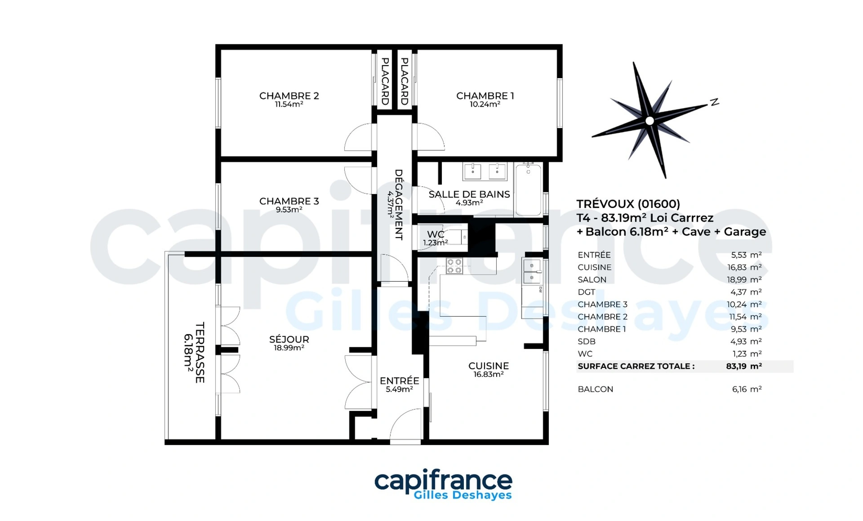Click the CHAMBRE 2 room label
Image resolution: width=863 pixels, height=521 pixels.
pyautogui.click(x=289, y=96)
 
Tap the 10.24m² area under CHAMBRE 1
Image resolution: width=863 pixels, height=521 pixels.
pyautogui.click(x=485, y=104)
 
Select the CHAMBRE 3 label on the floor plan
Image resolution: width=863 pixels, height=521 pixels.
pyautogui.click(x=289, y=201)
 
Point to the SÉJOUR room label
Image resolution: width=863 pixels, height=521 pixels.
pyautogui.click(x=289, y=339)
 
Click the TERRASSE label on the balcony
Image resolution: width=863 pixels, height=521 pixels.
pyautogui.click(x=200, y=353)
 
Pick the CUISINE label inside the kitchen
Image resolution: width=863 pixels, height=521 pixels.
pyautogui.click(x=489, y=366)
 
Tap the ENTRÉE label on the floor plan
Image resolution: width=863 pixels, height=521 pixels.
pyautogui.click(x=399, y=380)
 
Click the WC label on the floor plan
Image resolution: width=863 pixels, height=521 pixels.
pyautogui.click(x=436, y=234)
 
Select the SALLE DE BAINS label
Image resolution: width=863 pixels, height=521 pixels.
pyautogui.click(x=469, y=194)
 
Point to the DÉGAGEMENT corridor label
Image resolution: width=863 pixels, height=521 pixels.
pyautogui.click(x=399, y=204)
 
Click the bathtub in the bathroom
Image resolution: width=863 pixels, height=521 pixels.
pyautogui.click(x=528, y=190)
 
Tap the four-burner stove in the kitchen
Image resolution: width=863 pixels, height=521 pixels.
pyautogui.click(x=454, y=266)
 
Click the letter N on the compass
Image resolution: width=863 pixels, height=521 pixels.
pyautogui.click(x=714, y=102)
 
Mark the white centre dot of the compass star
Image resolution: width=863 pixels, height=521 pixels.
pyautogui.click(x=649, y=120)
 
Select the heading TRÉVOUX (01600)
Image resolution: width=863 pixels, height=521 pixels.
pyautogui.click(x=628, y=204)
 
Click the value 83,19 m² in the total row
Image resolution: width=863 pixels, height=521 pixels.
pyautogui.click(x=744, y=366)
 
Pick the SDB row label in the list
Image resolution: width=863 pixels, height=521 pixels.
pyautogui.click(x=587, y=341)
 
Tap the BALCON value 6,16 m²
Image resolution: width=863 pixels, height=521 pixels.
pyautogui.click(x=747, y=389)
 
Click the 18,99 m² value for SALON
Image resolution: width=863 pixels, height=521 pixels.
pyautogui.click(x=744, y=279)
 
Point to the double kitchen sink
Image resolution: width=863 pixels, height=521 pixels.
pyautogui.click(x=532, y=271)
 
